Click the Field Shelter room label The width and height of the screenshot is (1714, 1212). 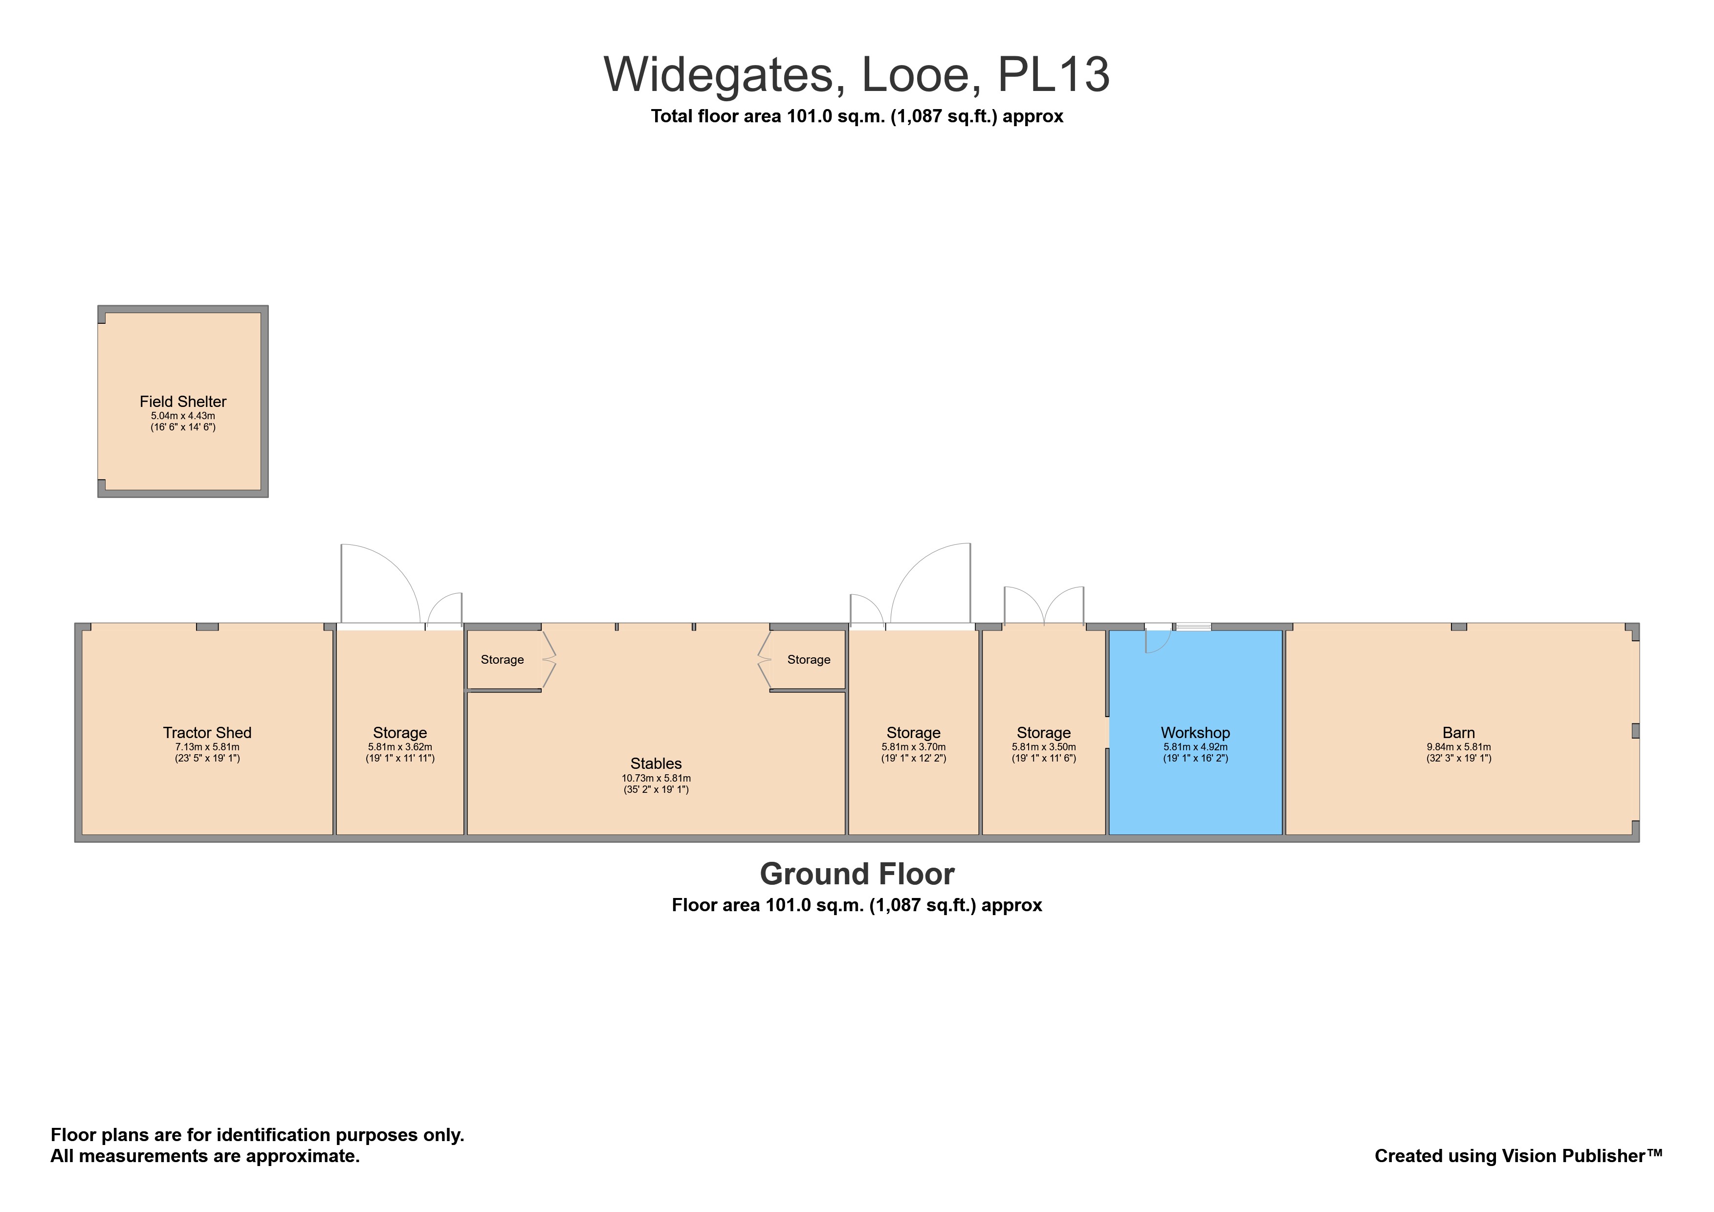183,402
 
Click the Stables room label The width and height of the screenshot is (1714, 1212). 656,763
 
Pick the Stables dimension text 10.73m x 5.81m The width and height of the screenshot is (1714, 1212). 656,778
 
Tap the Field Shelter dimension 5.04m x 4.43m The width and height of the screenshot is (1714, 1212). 183,416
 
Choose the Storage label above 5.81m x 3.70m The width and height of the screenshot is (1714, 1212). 913,733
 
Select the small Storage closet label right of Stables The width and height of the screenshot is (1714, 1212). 809,659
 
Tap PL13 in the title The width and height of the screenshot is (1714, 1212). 1054,75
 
